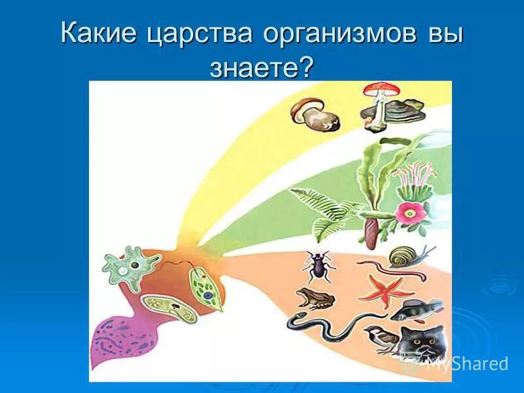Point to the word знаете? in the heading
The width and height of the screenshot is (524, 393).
[262, 67]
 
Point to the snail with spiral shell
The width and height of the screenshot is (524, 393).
[403, 256]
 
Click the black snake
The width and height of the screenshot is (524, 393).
[327, 324]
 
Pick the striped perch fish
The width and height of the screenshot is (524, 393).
[415, 309]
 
